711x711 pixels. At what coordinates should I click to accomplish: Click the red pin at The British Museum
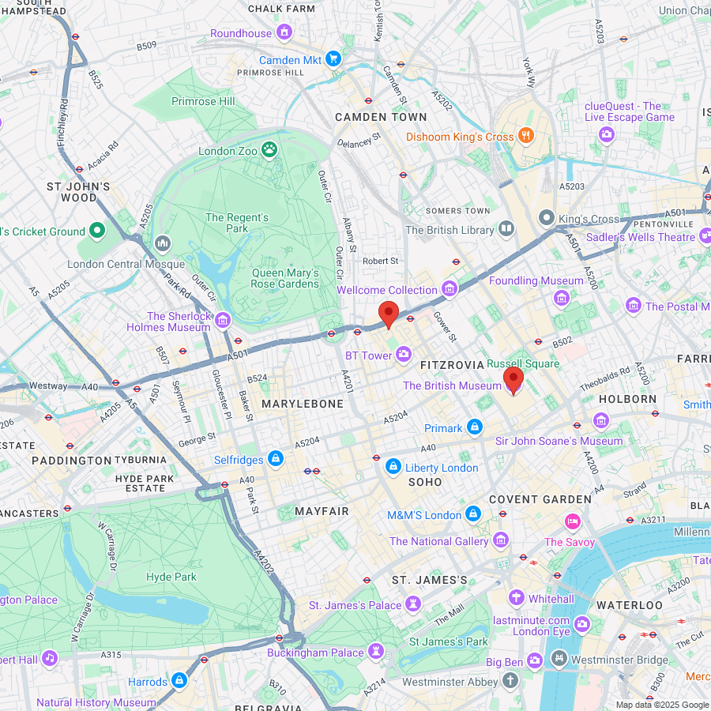tap(513, 380)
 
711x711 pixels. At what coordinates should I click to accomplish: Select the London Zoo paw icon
tap(270, 149)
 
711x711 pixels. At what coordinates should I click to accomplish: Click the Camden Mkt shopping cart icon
tap(333, 59)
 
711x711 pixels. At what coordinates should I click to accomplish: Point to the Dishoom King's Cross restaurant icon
tap(525, 136)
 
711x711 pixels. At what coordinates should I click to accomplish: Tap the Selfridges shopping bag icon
tap(276, 458)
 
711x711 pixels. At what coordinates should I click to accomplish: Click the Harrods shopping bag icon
tap(179, 680)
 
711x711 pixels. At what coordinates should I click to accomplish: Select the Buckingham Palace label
tap(315, 653)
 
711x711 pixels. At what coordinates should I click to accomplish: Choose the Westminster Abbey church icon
tap(510, 680)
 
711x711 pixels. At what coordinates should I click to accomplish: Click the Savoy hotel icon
tap(573, 521)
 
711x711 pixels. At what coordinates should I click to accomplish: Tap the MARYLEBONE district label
tap(303, 404)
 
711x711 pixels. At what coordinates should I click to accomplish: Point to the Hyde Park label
tap(171, 577)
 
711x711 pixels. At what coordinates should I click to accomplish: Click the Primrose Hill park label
tap(203, 101)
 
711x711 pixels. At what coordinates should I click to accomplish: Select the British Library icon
tap(506, 229)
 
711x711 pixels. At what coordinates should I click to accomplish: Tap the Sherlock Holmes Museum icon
tap(223, 320)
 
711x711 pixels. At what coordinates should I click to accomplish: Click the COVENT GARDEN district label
tap(540, 499)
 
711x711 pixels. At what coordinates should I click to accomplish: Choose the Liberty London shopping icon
tap(393, 468)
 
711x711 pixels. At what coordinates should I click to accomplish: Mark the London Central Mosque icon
tap(164, 243)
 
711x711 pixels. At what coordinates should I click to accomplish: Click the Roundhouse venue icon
tap(284, 32)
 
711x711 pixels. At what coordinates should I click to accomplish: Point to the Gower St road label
tap(445, 327)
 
